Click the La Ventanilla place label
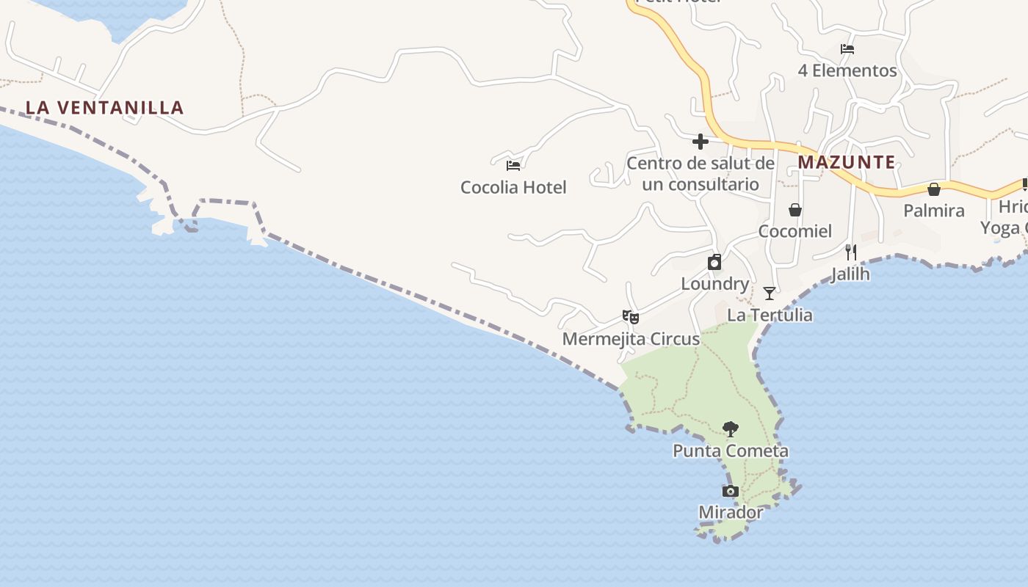click(x=104, y=108)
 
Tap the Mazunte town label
click(x=847, y=162)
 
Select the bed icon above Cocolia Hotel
click(x=513, y=166)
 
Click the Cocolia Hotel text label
click(x=513, y=187)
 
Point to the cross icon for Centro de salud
click(x=700, y=141)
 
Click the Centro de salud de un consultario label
click(x=700, y=174)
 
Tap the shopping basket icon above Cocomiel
click(x=794, y=211)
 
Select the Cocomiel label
click(x=794, y=231)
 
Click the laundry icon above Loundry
click(x=714, y=262)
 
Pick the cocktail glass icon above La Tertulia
click(x=769, y=293)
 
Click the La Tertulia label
click(x=770, y=315)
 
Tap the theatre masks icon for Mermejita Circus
click(x=630, y=317)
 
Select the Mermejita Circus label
click(x=631, y=339)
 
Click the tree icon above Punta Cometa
click(x=730, y=429)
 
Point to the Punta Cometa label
click(x=731, y=451)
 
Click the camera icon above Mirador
click(x=730, y=491)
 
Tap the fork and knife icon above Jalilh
click(x=850, y=252)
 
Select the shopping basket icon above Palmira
click(x=933, y=189)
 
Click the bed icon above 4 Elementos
click(x=847, y=49)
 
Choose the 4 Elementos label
click(x=847, y=70)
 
